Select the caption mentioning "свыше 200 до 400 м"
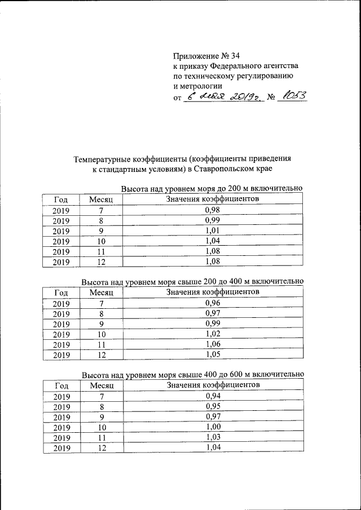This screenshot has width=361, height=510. (x=192, y=281)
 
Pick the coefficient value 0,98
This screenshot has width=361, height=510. (x=212, y=210)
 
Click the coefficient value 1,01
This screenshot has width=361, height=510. (x=212, y=230)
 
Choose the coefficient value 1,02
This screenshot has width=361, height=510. (x=212, y=334)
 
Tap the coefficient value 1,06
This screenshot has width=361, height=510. (x=212, y=344)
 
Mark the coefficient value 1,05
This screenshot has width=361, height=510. (x=212, y=354)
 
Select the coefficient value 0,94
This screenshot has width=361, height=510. (x=212, y=396)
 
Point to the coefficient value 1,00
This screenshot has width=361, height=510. (x=212, y=427)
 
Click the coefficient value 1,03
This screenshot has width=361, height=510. (x=212, y=437)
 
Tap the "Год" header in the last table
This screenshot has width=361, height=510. (x=61, y=385)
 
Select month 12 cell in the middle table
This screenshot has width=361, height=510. (x=102, y=355)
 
